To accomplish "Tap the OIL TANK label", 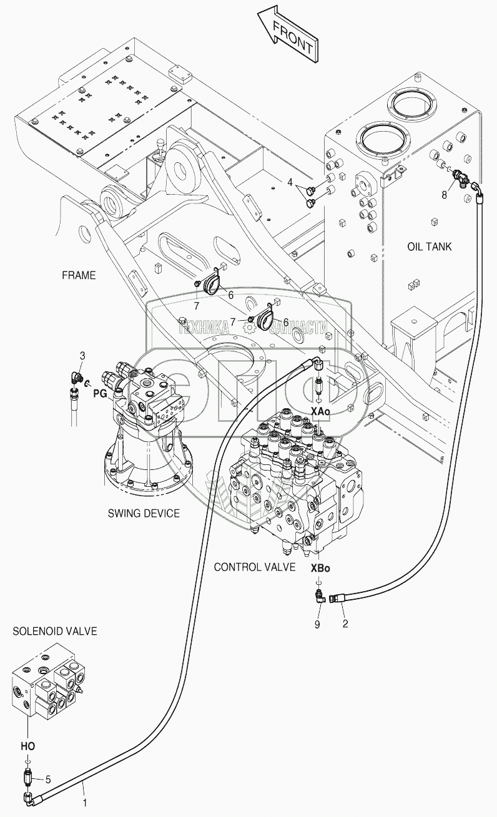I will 429,247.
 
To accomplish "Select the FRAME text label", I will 79,275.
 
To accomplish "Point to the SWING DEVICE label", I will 144,513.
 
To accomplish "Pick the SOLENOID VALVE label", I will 55,631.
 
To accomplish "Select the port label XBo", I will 320,569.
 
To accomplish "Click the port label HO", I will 28,745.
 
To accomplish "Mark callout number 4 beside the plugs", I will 290,182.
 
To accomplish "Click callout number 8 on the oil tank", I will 444,195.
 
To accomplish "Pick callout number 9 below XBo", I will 317,624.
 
